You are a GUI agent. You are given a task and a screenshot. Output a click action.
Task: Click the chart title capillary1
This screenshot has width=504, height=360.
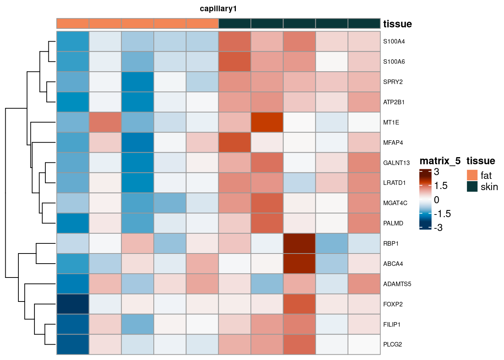pyautogui.click(x=218, y=9)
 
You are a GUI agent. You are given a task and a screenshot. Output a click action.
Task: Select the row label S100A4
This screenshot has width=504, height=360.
pyautogui.click(x=394, y=42)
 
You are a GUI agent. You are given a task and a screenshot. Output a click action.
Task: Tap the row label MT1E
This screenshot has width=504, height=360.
pyautogui.click(x=391, y=122)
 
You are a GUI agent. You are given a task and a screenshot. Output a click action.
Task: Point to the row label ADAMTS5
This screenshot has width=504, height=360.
pyautogui.click(x=397, y=284)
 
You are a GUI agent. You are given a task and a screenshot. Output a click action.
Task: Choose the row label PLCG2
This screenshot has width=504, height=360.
pyautogui.click(x=393, y=344)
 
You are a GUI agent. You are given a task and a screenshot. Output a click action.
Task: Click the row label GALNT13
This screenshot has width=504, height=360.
pyautogui.click(x=396, y=163)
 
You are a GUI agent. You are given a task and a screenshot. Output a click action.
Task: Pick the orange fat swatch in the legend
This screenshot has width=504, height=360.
pyautogui.click(x=472, y=175)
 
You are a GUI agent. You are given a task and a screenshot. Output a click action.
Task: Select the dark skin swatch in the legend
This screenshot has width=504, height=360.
pyautogui.click(x=472, y=186)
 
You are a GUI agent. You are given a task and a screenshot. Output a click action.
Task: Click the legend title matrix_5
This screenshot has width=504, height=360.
pyautogui.click(x=440, y=161)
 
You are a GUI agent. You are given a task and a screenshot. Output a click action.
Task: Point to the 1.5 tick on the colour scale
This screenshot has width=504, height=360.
pyautogui.click(x=441, y=186)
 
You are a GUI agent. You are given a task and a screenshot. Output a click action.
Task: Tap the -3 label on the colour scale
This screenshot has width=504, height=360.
pyautogui.click(x=438, y=228)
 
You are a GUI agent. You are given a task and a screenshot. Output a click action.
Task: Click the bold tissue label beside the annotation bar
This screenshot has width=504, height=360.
pyautogui.click(x=397, y=24)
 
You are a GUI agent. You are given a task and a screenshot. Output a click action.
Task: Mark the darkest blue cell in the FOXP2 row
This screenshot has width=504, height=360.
pyautogui.click(x=73, y=304)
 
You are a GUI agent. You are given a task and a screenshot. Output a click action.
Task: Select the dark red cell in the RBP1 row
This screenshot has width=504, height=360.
pyautogui.click(x=299, y=243)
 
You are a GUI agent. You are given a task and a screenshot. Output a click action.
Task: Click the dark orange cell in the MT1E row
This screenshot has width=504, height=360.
pyautogui.click(x=267, y=122)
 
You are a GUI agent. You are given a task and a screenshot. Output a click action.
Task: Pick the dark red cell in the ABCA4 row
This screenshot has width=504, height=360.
pyautogui.click(x=299, y=264)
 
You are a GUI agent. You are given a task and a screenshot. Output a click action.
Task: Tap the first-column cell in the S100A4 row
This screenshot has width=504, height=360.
pyautogui.click(x=73, y=42)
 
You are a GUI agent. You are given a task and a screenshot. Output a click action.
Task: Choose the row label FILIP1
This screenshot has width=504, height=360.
pyautogui.click(x=392, y=324)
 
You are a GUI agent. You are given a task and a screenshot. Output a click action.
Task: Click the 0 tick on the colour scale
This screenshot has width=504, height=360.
pyautogui.click(x=436, y=200)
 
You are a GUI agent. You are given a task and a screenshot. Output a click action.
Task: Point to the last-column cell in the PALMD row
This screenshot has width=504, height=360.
pyautogui.click(x=364, y=223)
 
